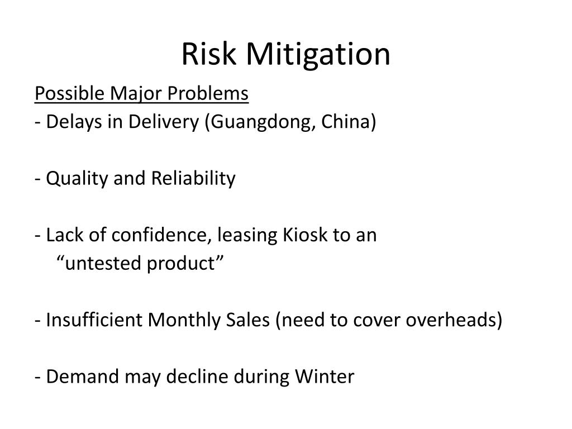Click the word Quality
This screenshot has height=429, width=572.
(x=78, y=179)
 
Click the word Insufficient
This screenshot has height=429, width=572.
(x=95, y=320)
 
